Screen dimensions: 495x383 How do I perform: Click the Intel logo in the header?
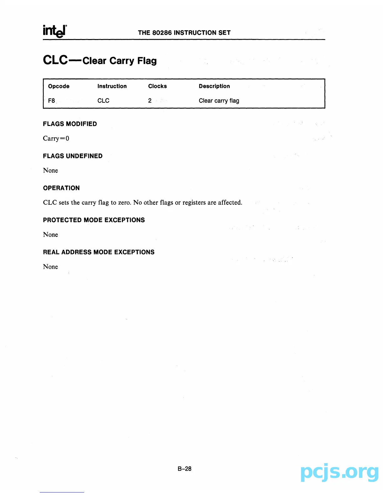click(x=55, y=31)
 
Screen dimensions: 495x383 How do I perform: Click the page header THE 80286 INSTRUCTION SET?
click(x=184, y=33)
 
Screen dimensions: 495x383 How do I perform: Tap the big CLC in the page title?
click(x=55, y=60)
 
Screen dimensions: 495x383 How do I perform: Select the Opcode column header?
click(x=59, y=86)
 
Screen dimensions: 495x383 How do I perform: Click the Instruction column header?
click(x=112, y=86)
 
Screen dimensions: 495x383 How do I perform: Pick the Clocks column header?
click(x=157, y=86)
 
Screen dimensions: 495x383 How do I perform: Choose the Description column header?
click(x=214, y=86)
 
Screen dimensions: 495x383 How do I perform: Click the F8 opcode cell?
click(x=52, y=101)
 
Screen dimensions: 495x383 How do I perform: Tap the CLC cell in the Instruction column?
click(x=103, y=101)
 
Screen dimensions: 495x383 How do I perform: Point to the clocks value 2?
click(x=150, y=101)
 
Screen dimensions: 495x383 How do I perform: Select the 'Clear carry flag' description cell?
click(x=219, y=101)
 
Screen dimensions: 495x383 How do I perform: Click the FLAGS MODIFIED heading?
click(x=70, y=124)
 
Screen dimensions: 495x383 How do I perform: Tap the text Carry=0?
click(x=56, y=138)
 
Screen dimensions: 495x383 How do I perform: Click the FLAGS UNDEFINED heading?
click(x=73, y=156)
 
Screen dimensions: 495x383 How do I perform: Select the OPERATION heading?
click(x=61, y=188)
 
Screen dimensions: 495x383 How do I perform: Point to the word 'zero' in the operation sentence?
click(x=124, y=202)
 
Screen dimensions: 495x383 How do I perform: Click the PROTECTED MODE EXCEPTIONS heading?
click(x=94, y=220)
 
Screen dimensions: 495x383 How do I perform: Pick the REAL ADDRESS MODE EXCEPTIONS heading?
click(x=99, y=252)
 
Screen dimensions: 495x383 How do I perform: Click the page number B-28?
click(x=184, y=469)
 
